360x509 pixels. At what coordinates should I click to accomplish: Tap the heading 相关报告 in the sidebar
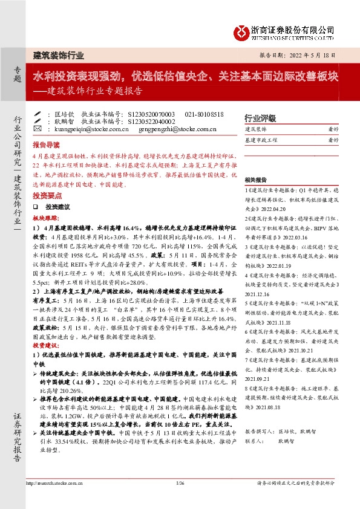256,180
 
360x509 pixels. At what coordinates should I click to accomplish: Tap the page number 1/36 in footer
180,483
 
